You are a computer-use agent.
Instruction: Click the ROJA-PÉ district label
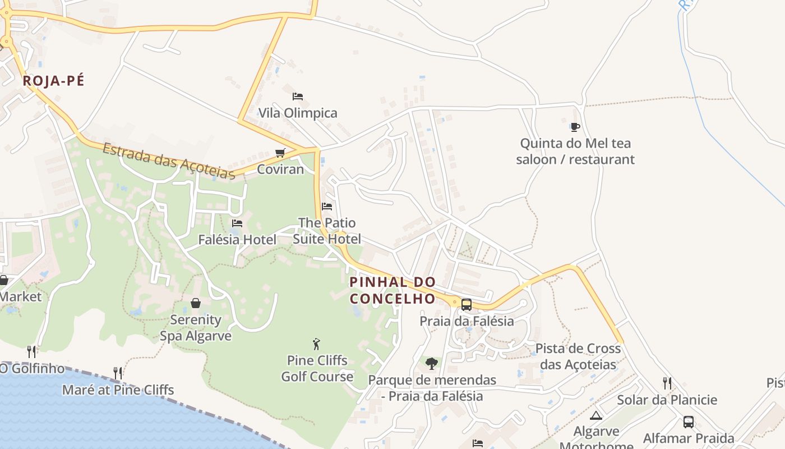[53, 81]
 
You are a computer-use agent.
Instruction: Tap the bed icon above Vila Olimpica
[298, 97]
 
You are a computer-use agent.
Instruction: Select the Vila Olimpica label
[298, 113]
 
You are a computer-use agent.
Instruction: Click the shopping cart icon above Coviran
[280, 153]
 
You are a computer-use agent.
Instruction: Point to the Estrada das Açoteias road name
[168, 161]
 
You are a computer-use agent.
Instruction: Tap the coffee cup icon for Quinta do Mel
[575, 127]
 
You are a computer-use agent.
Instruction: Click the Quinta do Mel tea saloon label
[575, 152]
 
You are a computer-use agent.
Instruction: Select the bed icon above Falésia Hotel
[237, 223]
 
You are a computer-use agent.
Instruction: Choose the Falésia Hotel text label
[237, 240]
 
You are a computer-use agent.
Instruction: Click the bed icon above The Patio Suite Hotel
[327, 207]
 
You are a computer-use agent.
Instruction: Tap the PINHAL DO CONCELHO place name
[392, 290]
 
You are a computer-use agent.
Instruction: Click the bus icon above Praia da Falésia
[467, 305]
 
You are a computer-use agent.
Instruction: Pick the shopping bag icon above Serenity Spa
[196, 303]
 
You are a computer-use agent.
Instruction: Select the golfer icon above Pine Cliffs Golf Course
[317, 344]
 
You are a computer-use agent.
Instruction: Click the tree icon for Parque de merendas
[431, 364]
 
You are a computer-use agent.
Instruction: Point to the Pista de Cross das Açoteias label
[578, 356]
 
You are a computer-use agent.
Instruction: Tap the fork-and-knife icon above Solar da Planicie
[667, 383]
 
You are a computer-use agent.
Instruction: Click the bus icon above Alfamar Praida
[689, 422]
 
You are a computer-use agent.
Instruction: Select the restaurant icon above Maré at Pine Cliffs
[118, 373]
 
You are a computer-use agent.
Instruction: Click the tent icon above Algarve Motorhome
[596, 416]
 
